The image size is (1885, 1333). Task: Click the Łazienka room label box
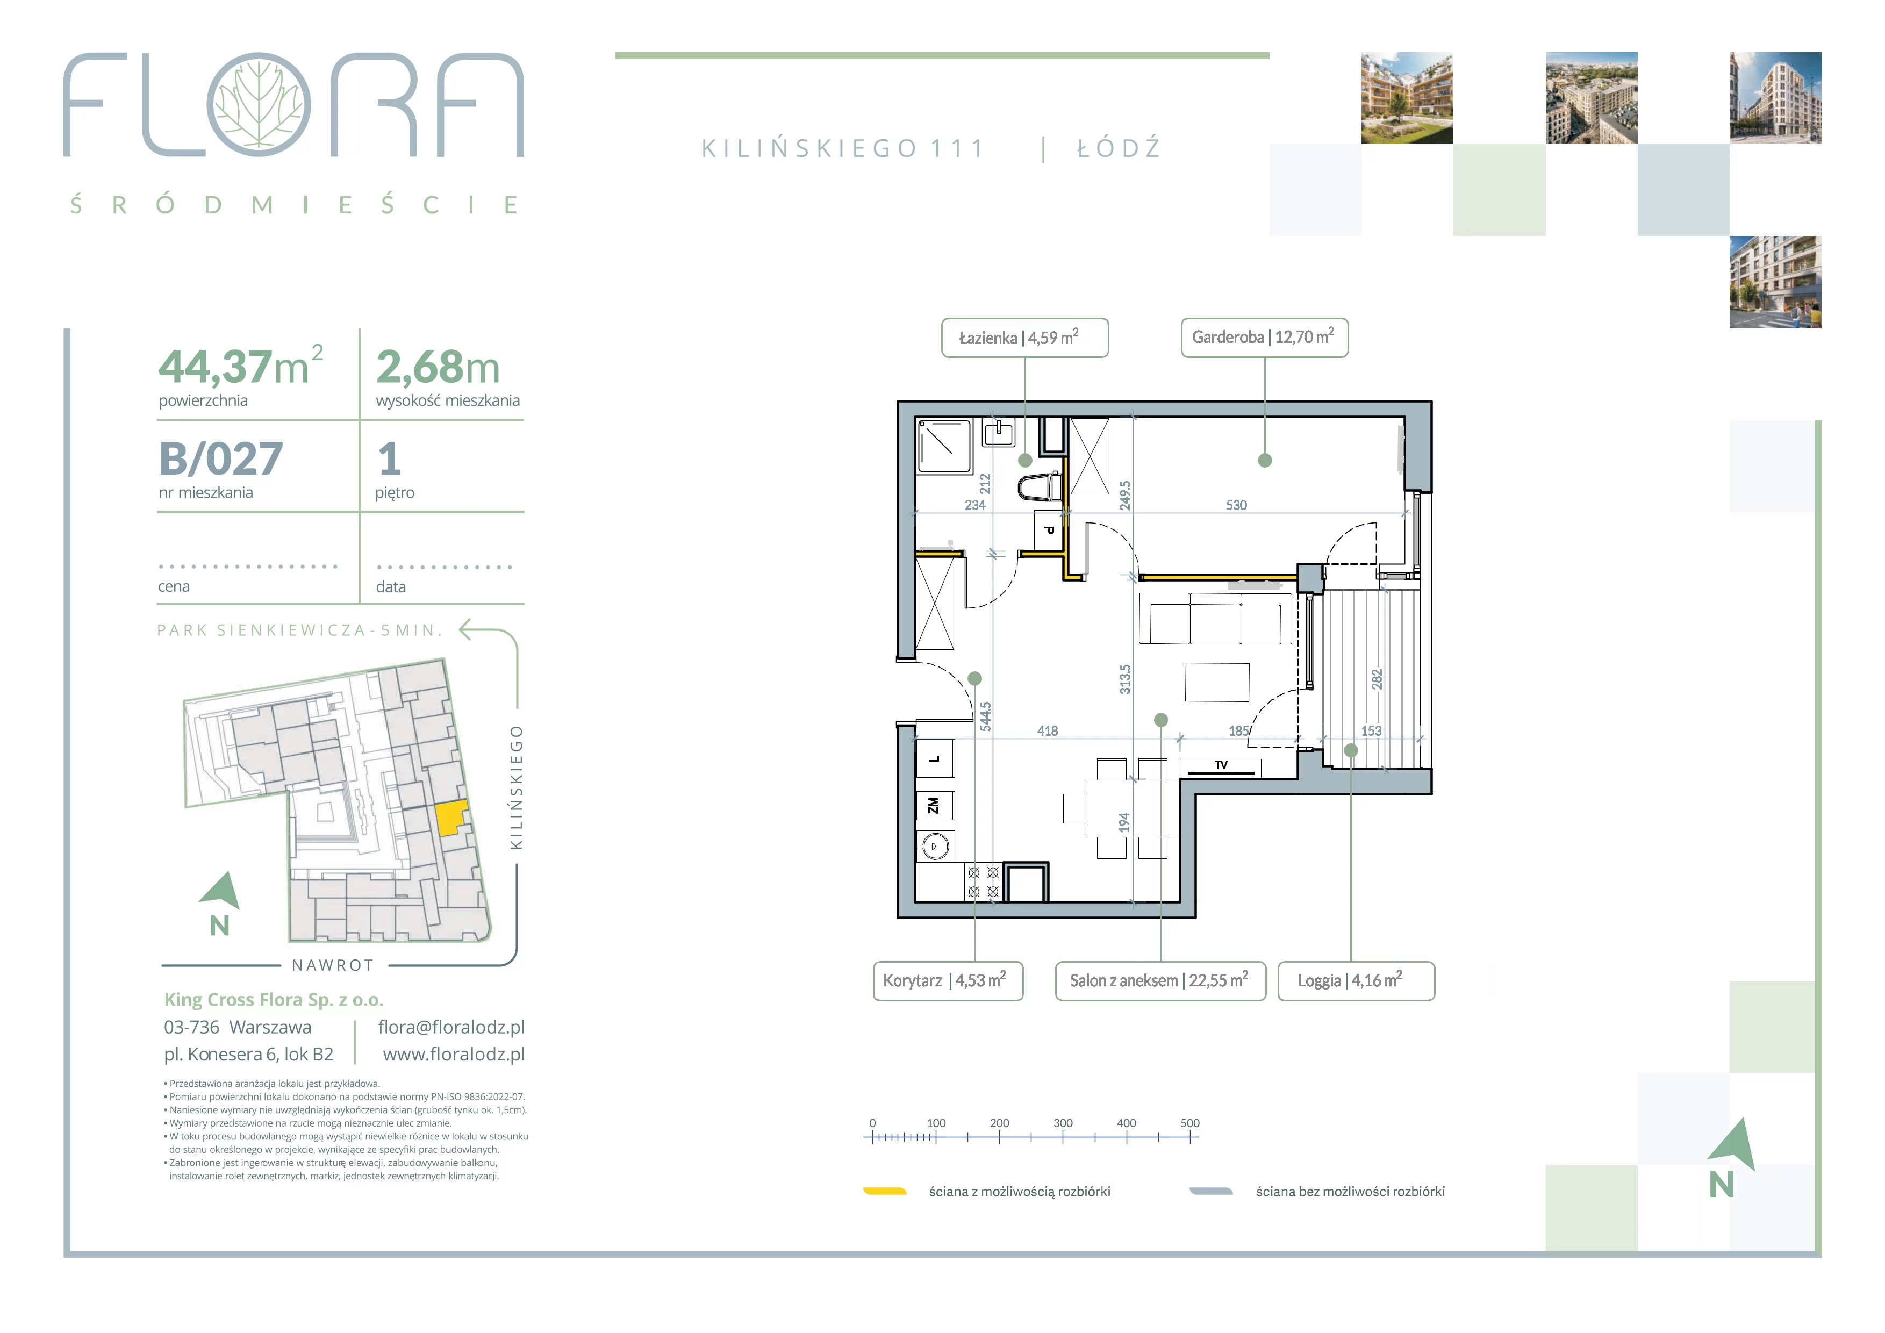[1024, 338]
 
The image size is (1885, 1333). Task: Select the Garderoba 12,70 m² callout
[1264, 338]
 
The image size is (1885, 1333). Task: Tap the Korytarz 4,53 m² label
[948, 981]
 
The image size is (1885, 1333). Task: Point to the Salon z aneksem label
[1160, 981]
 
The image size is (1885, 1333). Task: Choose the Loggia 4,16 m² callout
[1356, 981]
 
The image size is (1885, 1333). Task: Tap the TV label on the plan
[1221, 765]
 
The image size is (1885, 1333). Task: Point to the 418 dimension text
[1048, 730]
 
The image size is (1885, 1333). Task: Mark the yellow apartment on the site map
[451, 818]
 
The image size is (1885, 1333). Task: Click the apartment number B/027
[221, 459]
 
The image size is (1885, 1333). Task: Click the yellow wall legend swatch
[885, 1192]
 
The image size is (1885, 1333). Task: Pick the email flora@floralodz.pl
[451, 1027]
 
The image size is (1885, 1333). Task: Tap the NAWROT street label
[333, 965]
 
